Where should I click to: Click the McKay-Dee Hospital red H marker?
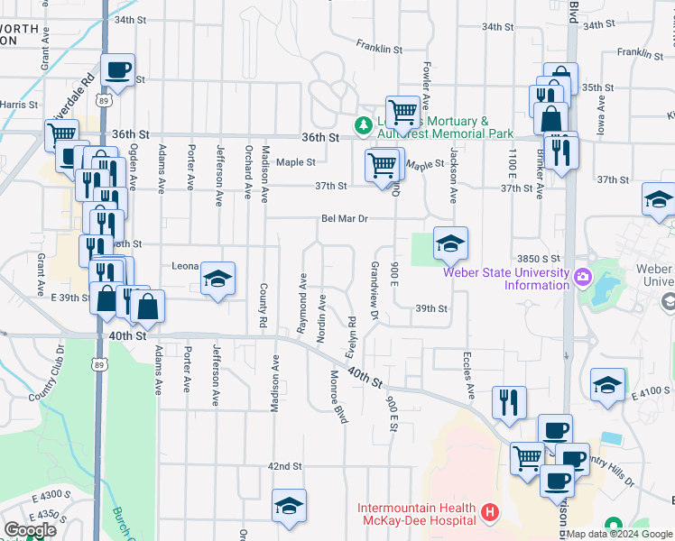pos(490,513)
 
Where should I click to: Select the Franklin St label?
pos(378,46)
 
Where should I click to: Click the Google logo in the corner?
pos(30,530)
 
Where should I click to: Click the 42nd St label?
pos(283,466)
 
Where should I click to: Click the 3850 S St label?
pos(539,259)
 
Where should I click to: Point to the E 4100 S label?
pos(651,390)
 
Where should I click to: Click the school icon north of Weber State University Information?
pos(450,243)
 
